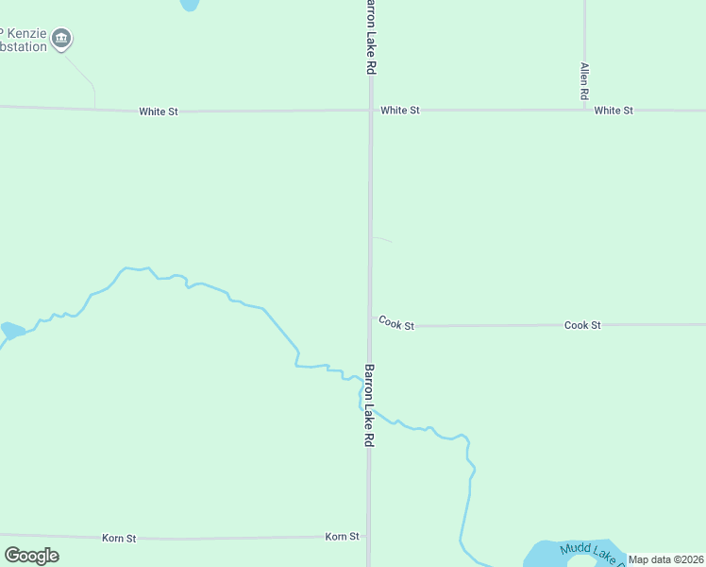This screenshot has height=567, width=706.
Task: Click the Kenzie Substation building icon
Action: coord(62,39)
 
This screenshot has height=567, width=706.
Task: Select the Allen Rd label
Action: coord(585,82)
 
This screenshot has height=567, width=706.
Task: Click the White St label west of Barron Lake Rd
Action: coord(159,112)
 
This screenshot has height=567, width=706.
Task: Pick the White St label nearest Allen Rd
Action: coord(614,111)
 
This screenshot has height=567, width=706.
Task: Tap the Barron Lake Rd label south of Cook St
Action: coord(370,405)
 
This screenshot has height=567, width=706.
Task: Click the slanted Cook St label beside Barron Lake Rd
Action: coord(396,323)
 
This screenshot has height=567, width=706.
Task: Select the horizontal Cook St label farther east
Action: coord(582,325)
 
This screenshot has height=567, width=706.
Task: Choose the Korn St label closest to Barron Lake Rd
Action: coord(342,536)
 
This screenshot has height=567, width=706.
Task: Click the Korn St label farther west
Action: coord(119,538)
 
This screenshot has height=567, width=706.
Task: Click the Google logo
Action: coord(31,556)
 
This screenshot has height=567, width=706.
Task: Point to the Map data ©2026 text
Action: coord(666,559)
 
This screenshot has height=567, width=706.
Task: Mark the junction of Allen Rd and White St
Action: coord(585,110)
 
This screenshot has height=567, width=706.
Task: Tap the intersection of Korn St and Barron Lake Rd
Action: coord(369,537)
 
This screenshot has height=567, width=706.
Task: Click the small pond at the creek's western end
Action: coord(12,330)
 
